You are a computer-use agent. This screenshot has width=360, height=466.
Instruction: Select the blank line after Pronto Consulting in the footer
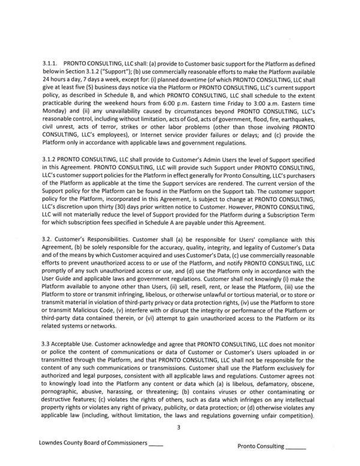(296, 447)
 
